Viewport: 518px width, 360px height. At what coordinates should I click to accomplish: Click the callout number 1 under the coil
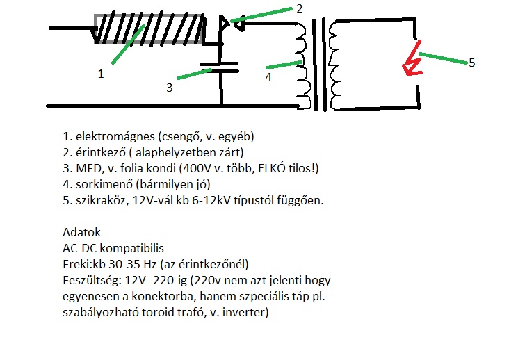[100, 74]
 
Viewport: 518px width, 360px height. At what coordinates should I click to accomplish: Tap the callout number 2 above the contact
[299, 8]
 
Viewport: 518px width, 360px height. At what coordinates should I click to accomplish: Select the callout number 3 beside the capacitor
[169, 88]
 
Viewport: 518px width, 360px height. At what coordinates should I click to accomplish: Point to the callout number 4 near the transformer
[268, 78]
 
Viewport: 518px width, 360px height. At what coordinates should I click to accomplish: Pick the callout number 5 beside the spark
[471, 63]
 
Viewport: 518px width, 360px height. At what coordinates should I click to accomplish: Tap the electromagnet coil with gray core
[149, 28]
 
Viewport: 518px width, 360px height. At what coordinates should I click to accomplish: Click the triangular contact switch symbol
[228, 25]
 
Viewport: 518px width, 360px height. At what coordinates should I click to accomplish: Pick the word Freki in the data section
[74, 264]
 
